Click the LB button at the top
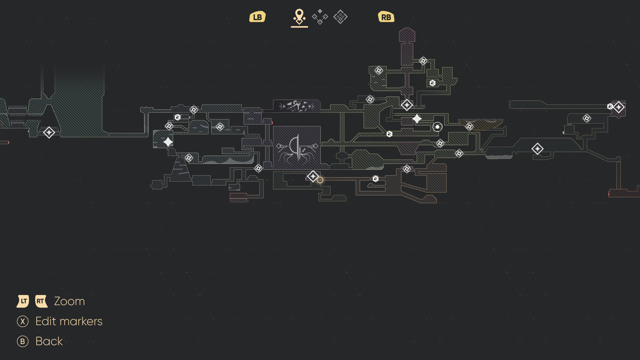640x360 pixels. point(258,17)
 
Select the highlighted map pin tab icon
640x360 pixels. point(299,17)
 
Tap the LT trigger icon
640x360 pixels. point(23,301)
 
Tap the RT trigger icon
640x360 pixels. point(41,301)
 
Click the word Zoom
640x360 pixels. point(70,302)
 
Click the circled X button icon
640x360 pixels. point(22,322)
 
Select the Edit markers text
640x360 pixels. point(69,322)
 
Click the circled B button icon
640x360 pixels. point(22,342)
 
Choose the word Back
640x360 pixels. point(49,342)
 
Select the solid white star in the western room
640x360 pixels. point(168,142)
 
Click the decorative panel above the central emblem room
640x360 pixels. point(297,106)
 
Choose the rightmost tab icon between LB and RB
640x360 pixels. point(340,17)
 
